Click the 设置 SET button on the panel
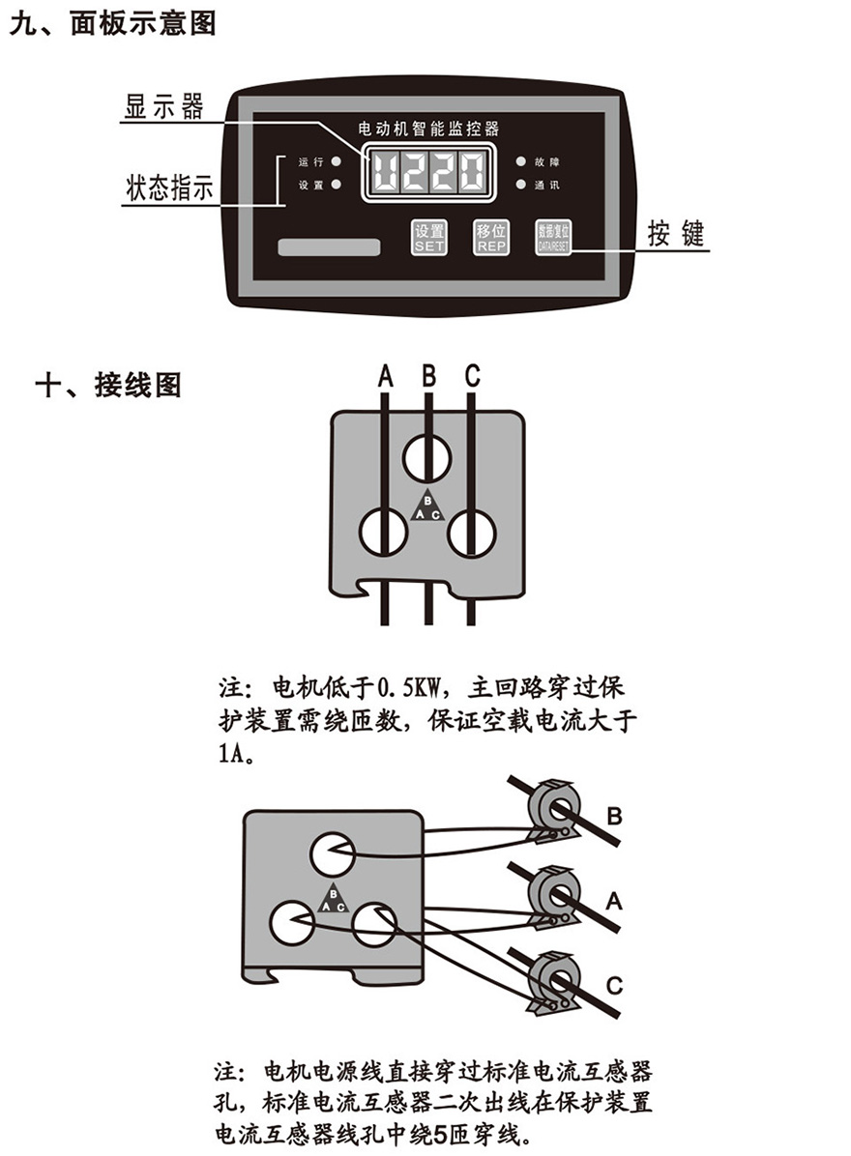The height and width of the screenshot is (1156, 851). coord(429,237)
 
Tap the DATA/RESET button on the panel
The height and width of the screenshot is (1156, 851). coord(554,237)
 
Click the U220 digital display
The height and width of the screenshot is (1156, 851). coord(428,174)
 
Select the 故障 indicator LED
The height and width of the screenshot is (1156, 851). coord(520,161)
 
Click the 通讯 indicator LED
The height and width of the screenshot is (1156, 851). coord(520,184)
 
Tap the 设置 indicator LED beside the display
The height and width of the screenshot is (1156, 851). coord(336,184)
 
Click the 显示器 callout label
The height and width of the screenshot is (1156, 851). coord(164,106)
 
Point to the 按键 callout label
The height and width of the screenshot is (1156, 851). coord(676,234)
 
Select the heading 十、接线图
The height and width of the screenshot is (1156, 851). coord(107,386)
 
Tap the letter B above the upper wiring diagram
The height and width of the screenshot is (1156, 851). coord(428,374)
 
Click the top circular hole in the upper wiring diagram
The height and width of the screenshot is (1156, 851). coord(427,457)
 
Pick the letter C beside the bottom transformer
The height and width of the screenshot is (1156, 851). coord(614,985)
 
